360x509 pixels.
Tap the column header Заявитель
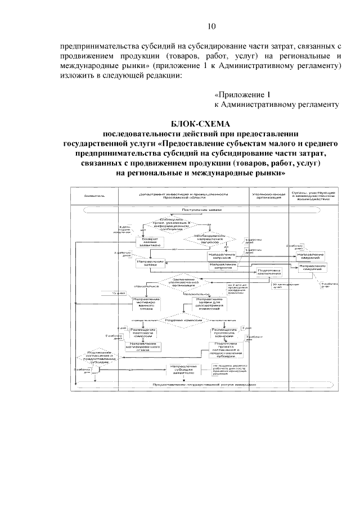pos(94,197)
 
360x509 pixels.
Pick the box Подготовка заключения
pos(268,272)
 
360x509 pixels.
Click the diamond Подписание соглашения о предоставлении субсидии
pos(99,358)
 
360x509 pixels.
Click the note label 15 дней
pos(118,293)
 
